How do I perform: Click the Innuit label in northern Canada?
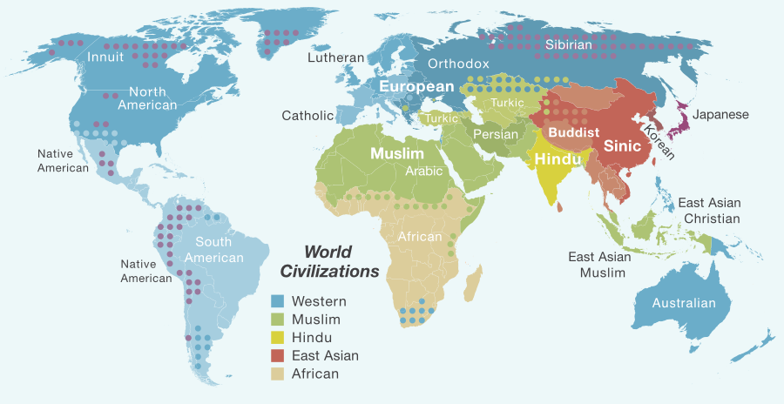106,57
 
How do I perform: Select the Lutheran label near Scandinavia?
335,57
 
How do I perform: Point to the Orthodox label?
458,64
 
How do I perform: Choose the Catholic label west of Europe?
308,115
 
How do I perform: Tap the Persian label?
496,134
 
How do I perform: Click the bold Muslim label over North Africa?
397,153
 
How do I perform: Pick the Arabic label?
424,171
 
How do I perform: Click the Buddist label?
571,132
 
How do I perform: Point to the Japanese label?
720,114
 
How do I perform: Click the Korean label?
659,140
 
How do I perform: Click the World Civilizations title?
328,261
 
